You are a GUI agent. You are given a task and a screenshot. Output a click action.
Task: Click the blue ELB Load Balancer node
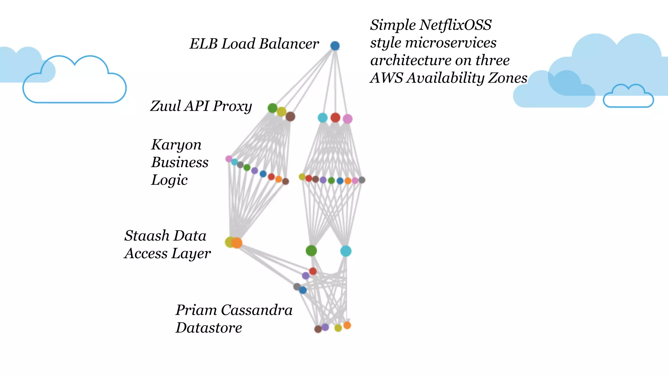coord(335,46)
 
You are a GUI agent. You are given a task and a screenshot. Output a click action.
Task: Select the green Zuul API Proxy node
coord(272,108)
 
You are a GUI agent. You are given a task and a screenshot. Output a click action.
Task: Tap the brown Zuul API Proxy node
coord(290,117)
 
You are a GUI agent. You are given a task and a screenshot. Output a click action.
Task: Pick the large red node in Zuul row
coord(335,117)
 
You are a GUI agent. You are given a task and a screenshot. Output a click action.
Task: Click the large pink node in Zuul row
coord(347,119)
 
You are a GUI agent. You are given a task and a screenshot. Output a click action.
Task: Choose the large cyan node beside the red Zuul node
coord(322,118)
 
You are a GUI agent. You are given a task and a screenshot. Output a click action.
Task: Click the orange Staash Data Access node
coord(237,243)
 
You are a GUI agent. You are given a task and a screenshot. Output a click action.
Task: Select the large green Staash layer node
coord(311,251)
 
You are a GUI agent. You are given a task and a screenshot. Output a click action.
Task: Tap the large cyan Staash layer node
coord(346,251)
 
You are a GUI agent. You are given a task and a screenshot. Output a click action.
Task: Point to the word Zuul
coord(165,106)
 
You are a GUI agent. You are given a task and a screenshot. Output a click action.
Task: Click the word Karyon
coord(176,145)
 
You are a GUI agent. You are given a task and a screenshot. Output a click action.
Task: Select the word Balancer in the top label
coord(289,44)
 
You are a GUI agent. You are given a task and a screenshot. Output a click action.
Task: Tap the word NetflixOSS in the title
coord(455,25)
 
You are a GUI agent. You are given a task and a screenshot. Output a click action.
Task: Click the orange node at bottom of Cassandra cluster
coord(347,325)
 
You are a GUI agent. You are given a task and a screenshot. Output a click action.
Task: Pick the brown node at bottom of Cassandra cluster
coord(318,329)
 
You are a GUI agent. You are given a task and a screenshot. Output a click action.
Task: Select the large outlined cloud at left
coord(74,82)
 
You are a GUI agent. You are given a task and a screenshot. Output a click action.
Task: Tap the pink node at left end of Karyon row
coord(229,159)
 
